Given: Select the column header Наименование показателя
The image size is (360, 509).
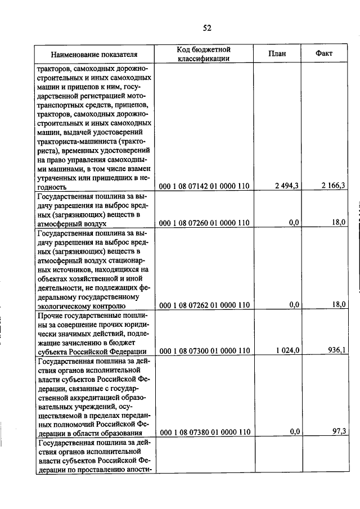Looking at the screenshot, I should coord(94,55).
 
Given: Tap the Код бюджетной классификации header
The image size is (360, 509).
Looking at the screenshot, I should coord(204,54).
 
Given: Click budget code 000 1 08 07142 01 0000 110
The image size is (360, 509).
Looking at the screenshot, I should coord(204,186).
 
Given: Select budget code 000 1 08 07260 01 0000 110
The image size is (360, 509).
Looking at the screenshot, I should coord(204,223).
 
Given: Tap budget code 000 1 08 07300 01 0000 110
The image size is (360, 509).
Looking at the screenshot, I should coord(204,350).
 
